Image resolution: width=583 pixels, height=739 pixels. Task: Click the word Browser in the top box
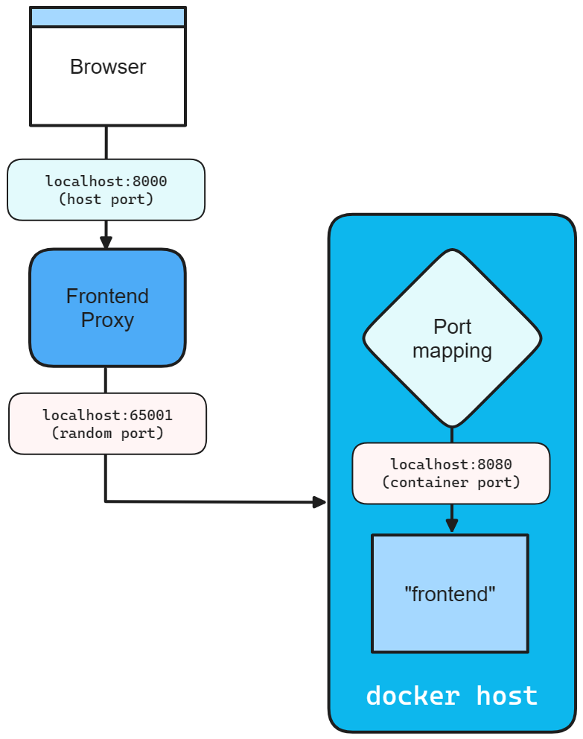[x=108, y=67]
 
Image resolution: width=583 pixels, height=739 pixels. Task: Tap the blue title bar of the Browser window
[x=108, y=17]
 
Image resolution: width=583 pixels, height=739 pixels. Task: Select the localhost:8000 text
[x=106, y=181]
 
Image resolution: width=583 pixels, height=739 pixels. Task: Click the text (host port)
[x=106, y=199]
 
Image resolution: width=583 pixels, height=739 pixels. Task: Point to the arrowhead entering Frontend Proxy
[x=106, y=242]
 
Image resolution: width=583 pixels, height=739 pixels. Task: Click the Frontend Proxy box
[x=107, y=308]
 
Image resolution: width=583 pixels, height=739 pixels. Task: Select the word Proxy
[x=107, y=320]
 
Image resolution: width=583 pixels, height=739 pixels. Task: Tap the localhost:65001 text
[x=107, y=415]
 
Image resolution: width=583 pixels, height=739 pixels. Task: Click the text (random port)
[x=107, y=432]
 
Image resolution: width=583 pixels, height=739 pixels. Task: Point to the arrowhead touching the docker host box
[x=319, y=502]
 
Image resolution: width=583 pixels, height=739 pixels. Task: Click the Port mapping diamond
[x=452, y=337]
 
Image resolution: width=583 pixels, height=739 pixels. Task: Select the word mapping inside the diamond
[x=452, y=351]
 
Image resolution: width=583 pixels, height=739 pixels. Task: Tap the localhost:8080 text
[x=450, y=465]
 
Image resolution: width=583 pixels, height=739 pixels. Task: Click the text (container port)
[x=450, y=482]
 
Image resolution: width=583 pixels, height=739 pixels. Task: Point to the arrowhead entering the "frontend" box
[x=451, y=526]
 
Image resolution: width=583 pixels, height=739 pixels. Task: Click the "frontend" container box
[x=450, y=594]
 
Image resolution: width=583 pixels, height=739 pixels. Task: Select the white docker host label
[x=451, y=696]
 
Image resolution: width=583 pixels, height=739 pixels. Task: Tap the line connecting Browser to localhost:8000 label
[x=106, y=142]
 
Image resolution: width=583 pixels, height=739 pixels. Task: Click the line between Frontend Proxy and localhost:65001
[x=106, y=380]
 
